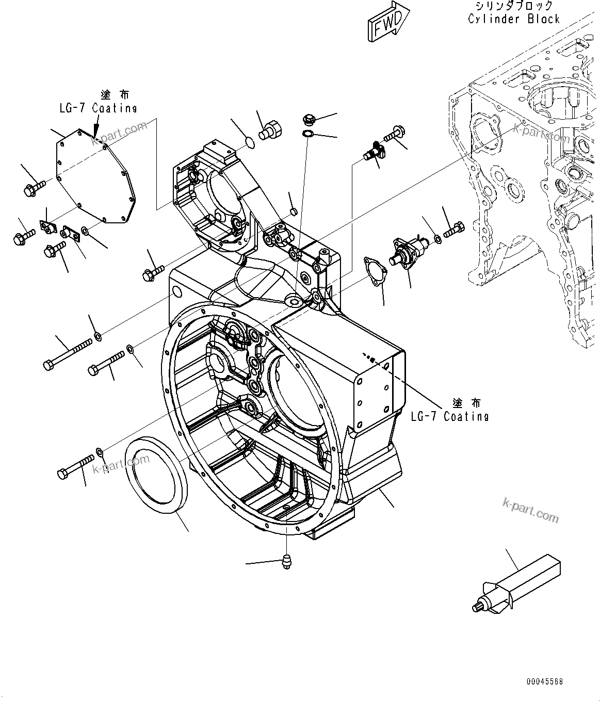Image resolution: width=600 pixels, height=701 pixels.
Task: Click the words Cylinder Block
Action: (514, 19)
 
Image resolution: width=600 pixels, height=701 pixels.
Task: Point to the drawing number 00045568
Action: (544, 681)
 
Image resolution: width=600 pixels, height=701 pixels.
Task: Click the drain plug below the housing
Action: (285, 561)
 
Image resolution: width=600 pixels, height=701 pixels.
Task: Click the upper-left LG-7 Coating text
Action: (98, 108)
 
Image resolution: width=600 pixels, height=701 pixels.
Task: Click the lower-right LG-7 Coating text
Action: (449, 416)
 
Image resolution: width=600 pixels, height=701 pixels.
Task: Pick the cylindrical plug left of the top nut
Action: (272, 129)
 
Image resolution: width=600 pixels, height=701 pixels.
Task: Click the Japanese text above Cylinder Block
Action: (514, 6)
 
